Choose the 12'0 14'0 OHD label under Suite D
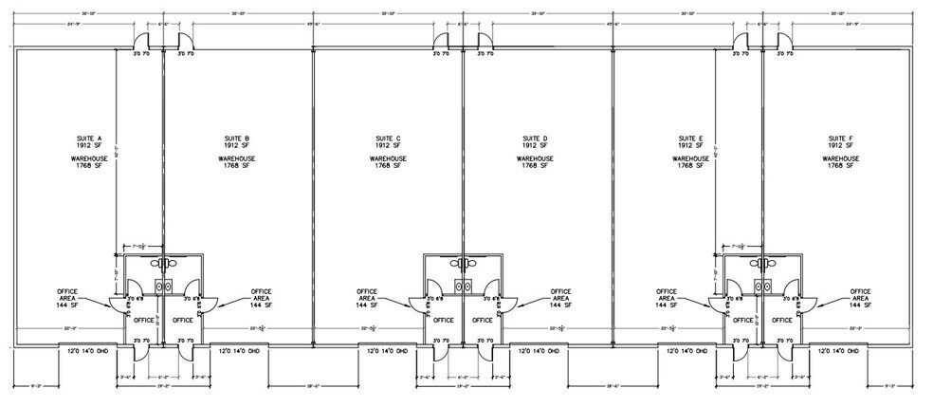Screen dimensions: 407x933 click(538, 352)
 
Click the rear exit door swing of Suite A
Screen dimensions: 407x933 click(140, 42)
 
